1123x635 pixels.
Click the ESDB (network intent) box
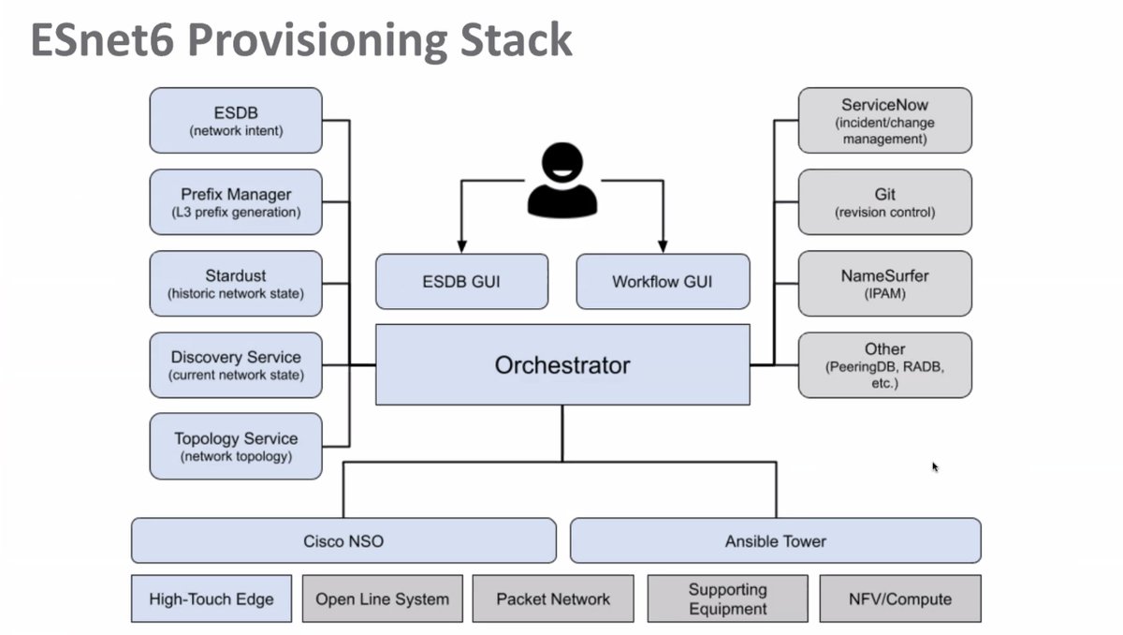pyautogui.click(x=236, y=121)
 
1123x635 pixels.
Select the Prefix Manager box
pyautogui.click(x=236, y=202)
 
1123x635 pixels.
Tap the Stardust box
pyautogui.click(x=236, y=284)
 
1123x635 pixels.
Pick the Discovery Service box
pyautogui.click(x=236, y=365)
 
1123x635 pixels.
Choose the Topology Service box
pyautogui.click(x=236, y=447)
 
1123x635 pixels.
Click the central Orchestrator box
pyautogui.click(x=562, y=364)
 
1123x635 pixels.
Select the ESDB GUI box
pyautogui.click(x=461, y=281)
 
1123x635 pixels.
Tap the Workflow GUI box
pyautogui.click(x=663, y=281)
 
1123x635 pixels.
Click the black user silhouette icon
pyautogui.click(x=561, y=179)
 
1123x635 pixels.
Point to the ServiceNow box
pyautogui.click(x=884, y=121)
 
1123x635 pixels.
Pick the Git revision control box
pyautogui.click(x=884, y=202)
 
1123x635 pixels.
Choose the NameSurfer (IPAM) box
pyautogui.click(x=884, y=284)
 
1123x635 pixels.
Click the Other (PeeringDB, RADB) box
pyautogui.click(x=884, y=365)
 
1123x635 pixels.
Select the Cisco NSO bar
pyautogui.click(x=343, y=540)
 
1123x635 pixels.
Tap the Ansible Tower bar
pyautogui.click(x=775, y=540)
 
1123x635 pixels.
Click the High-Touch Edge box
pyautogui.click(x=211, y=598)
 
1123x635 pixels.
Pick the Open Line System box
pyautogui.click(x=382, y=598)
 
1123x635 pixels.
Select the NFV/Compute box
pyautogui.click(x=900, y=598)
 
